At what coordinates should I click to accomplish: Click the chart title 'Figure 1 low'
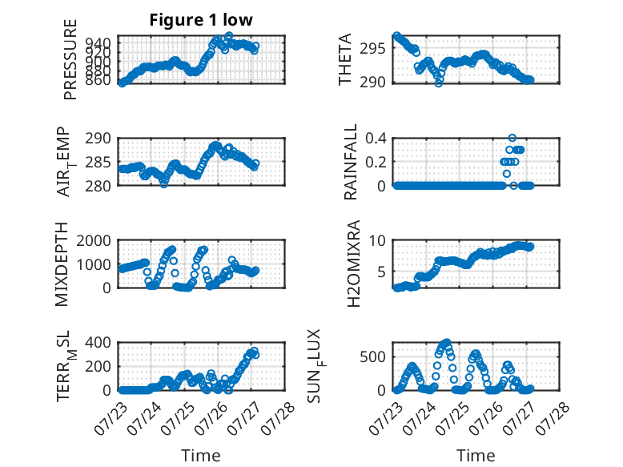(x=201, y=20)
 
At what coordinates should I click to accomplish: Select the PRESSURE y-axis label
(x=70, y=59)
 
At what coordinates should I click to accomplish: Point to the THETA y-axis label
(x=345, y=59)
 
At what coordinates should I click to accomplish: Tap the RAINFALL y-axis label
(x=351, y=162)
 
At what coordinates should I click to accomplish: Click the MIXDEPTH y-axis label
(x=62, y=264)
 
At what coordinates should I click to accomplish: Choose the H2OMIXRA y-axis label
(x=353, y=264)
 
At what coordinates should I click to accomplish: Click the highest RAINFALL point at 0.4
(x=512, y=138)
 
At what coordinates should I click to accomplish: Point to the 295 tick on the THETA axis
(x=372, y=49)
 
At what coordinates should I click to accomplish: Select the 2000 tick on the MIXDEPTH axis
(x=94, y=240)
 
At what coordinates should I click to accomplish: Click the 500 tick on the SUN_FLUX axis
(x=372, y=357)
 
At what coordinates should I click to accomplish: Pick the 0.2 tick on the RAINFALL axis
(x=376, y=162)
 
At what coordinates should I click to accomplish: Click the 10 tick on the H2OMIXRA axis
(x=377, y=240)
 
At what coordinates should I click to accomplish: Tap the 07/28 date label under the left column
(x=279, y=417)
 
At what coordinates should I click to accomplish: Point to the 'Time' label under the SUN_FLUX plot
(x=476, y=455)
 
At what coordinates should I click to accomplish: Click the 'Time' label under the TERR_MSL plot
(x=201, y=455)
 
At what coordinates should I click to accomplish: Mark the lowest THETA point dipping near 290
(x=438, y=83)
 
